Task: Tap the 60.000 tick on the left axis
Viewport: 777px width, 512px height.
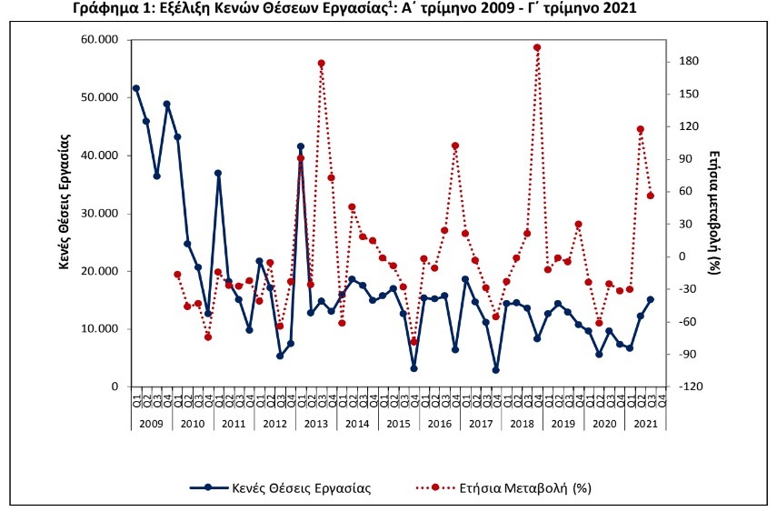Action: click(x=99, y=40)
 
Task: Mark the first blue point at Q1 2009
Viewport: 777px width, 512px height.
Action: click(x=136, y=88)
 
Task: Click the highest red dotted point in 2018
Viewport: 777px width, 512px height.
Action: click(x=537, y=47)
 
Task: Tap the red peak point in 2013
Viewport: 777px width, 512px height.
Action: click(x=321, y=64)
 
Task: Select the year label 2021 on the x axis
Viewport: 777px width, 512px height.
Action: click(x=646, y=424)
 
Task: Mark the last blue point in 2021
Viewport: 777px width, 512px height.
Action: click(x=651, y=299)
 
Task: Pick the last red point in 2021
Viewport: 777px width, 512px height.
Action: click(x=651, y=196)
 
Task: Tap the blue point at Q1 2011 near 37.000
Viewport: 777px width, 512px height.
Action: click(x=218, y=173)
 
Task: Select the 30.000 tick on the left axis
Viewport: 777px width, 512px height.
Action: click(x=99, y=214)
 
